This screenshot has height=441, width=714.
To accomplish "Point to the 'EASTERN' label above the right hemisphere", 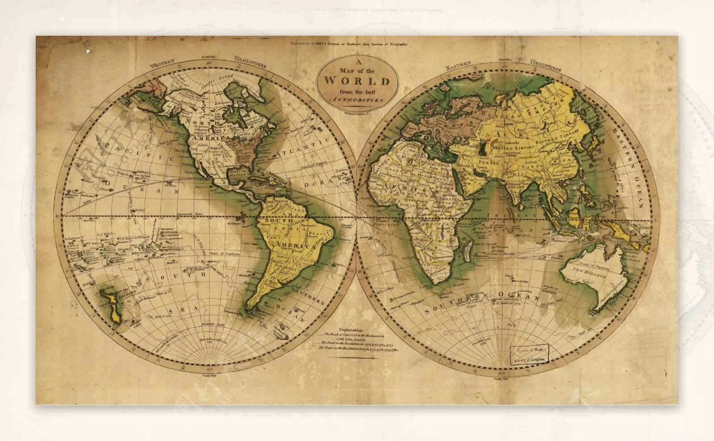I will [458, 66].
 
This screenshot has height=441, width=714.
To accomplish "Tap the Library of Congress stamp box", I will [531, 354].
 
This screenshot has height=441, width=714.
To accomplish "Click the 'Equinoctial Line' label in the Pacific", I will [190, 214].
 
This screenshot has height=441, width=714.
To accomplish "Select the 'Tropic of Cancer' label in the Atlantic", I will [299, 166].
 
